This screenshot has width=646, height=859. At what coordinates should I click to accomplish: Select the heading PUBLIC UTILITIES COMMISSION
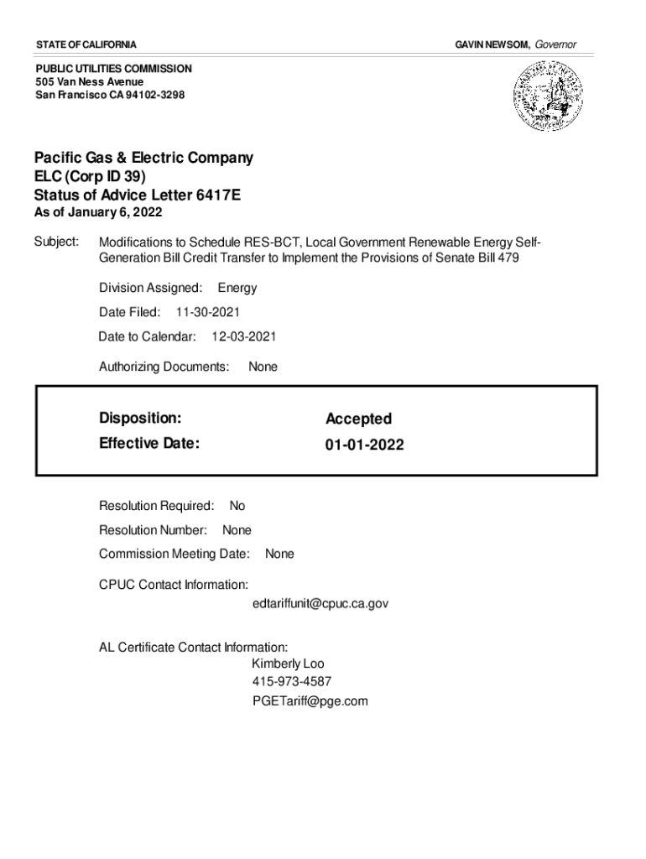pos(113,68)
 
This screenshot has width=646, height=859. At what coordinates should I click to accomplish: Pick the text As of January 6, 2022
pos(98,212)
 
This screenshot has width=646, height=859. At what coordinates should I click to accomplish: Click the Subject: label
pos(56,242)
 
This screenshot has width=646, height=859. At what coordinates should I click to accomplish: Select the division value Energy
pos(237,288)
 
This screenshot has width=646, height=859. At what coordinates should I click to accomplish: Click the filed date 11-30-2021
pos(208,312)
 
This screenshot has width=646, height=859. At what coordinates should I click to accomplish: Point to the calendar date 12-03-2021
pos(243,336)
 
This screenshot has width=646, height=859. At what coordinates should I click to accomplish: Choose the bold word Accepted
pos(358,419)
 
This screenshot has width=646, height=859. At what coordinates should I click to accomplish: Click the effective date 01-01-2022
pos(365,445)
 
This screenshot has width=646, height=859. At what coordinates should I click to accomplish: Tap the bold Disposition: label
pos(140,418)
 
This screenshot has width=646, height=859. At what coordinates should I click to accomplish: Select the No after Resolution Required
pos(237,506)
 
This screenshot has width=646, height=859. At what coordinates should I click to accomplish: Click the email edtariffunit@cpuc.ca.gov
pos(320,603)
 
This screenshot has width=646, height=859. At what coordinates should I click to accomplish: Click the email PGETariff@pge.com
pos(310,700)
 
